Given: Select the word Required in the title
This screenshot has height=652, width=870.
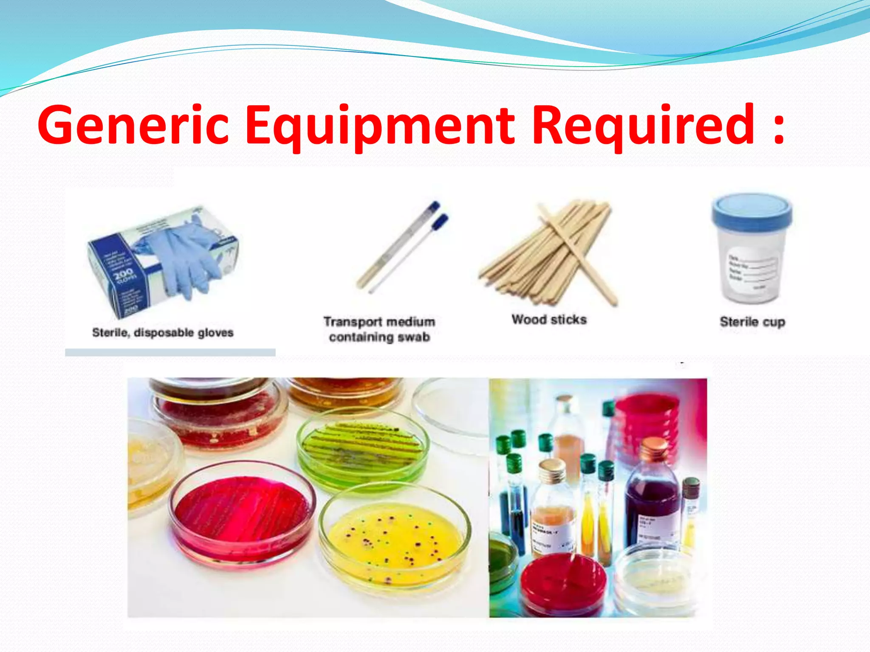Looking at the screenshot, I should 644,125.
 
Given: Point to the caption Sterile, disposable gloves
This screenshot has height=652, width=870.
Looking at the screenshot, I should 163,332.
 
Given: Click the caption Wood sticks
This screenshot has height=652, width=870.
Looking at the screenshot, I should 549,319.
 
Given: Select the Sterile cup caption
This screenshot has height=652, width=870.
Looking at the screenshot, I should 752,322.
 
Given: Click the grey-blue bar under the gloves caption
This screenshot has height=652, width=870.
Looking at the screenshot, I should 170,352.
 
